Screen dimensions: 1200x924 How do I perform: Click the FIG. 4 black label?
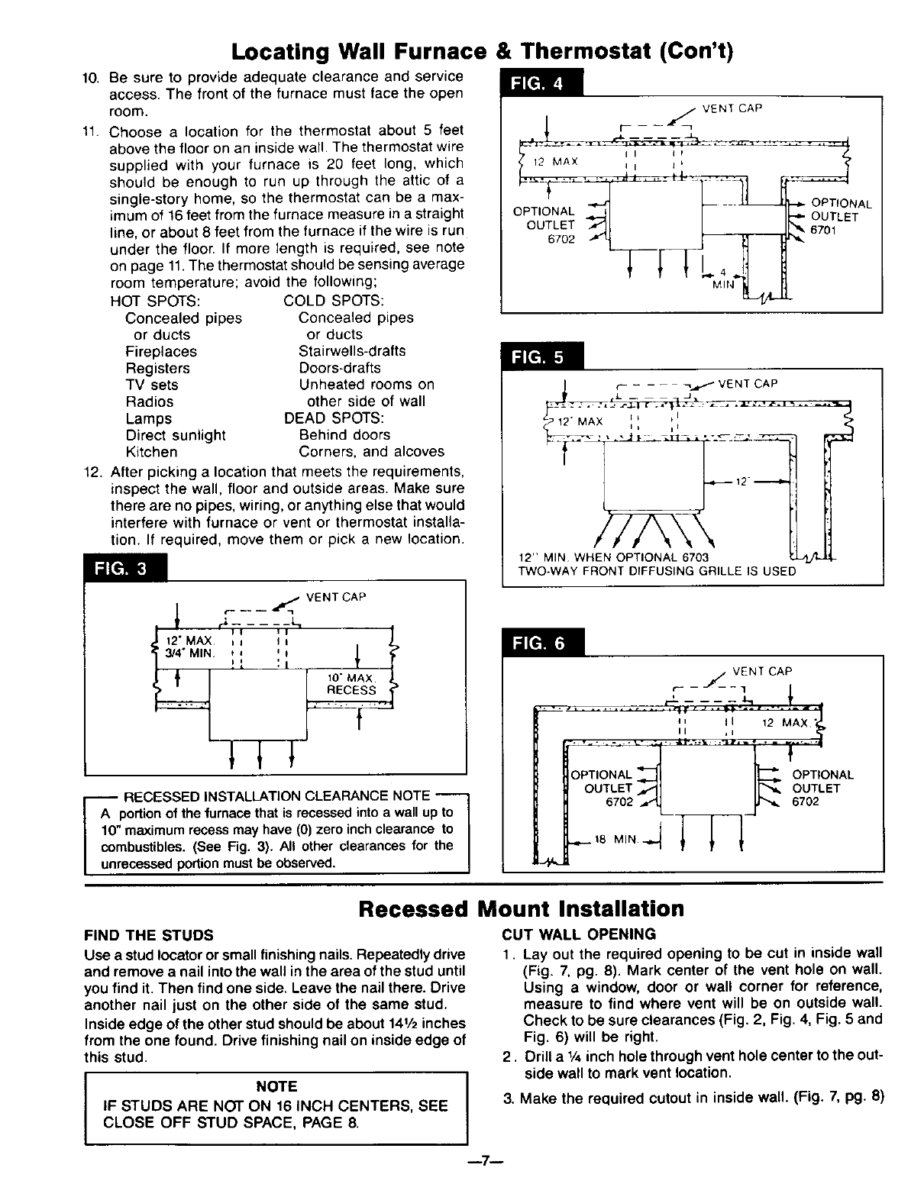(540, 85)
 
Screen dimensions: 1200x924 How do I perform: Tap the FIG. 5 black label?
(540, 356)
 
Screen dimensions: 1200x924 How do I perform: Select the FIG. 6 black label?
(540, 644)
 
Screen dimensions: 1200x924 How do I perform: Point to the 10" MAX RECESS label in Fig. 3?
(351, 684)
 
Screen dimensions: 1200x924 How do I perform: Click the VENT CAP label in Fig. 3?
(336, 597)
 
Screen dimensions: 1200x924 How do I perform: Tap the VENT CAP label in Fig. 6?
(761, 672)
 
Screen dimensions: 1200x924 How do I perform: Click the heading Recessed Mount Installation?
(522, 908)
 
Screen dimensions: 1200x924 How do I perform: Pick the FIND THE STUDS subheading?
(149, 935)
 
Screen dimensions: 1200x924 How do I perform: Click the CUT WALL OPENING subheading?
(579, 934)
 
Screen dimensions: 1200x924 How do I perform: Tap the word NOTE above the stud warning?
(276, 1085)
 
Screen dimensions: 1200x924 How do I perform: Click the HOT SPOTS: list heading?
(155, 301)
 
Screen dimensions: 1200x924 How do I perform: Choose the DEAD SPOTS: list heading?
(334, 418)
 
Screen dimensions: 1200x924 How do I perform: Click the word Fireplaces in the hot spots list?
(161, 351)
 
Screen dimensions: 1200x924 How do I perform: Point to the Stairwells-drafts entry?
(352, 351)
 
